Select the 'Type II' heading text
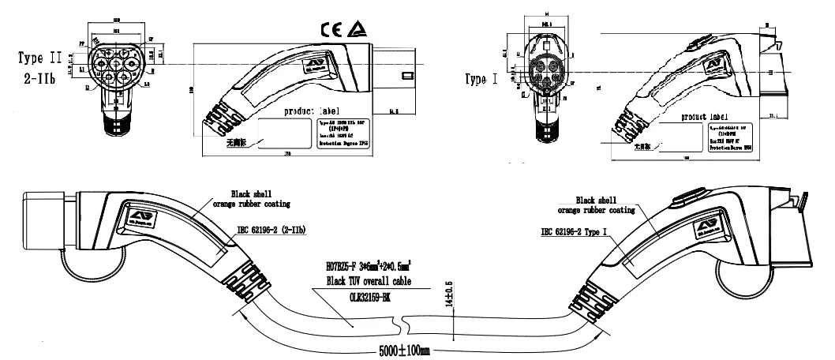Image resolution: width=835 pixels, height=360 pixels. coord(42,58)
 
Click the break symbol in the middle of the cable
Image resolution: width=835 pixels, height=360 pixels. coord(403,324)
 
